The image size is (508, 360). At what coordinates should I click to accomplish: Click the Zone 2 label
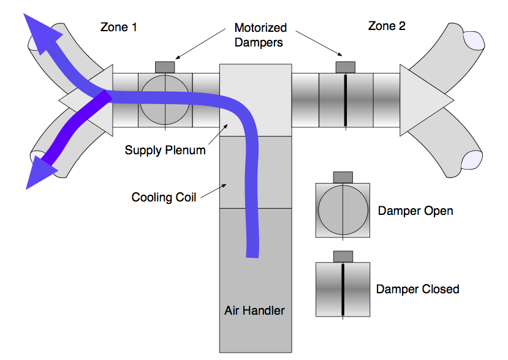coord(386,26)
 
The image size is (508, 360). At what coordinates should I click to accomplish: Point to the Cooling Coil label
coord(164,197)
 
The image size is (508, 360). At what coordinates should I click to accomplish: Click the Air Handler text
coord(254,310)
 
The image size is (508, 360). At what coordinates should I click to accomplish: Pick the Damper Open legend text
coord(415,211)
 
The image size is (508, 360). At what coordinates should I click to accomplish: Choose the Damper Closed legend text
coord(417,289)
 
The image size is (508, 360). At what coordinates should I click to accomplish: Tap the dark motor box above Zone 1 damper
coord(165,66)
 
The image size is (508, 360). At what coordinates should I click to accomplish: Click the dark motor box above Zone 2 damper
coord(346,66)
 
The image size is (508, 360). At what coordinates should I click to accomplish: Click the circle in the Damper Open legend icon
coord(343,210)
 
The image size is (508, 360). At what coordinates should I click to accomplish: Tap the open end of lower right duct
coord(474,160)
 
